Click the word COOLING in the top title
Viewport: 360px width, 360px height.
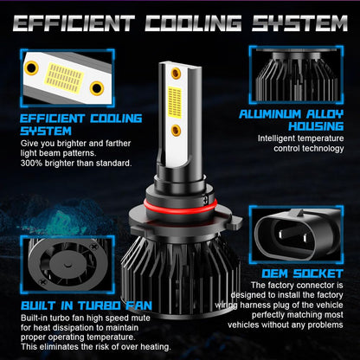click(193, 23)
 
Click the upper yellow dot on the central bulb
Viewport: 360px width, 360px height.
click(176, 74)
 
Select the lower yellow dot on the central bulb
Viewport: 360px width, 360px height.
click(176, 131)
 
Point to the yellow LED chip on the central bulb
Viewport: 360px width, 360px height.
click(175, 102)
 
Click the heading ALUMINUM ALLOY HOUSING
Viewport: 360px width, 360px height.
click(292, 120)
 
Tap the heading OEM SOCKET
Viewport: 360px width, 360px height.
click(302, 273)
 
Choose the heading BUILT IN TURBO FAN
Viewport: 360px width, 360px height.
click(87, 305)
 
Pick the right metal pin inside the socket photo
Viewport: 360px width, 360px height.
click(305, 238)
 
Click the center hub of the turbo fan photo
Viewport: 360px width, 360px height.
click(67, 264)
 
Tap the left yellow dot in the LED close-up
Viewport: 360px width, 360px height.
click(31, 68)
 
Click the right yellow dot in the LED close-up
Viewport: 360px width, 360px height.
click(97, 88)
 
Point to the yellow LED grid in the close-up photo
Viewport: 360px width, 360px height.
click(65, 78)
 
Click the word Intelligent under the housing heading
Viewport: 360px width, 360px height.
click(277, 138)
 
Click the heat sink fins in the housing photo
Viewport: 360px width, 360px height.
click(297, 80)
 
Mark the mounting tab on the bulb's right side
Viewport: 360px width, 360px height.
click(235, 222)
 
